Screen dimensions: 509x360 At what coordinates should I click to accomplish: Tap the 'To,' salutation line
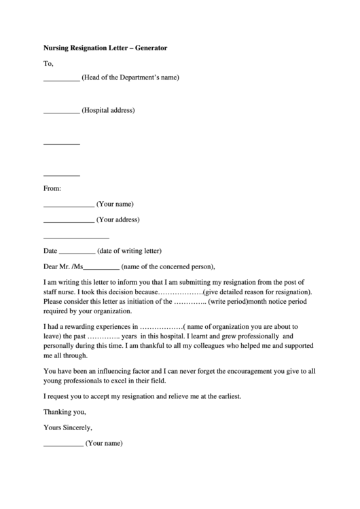click(x=48, y=63)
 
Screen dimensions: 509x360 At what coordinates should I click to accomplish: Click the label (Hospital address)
click(x=108, y=110)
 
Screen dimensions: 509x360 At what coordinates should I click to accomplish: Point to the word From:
click(x=52, y=188)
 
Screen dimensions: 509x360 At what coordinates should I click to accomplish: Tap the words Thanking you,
click(x=65, y=412)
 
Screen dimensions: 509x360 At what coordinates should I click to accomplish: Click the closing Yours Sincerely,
click(x=67, y=427)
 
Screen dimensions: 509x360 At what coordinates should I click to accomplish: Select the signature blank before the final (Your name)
click(x=63, y=445)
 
